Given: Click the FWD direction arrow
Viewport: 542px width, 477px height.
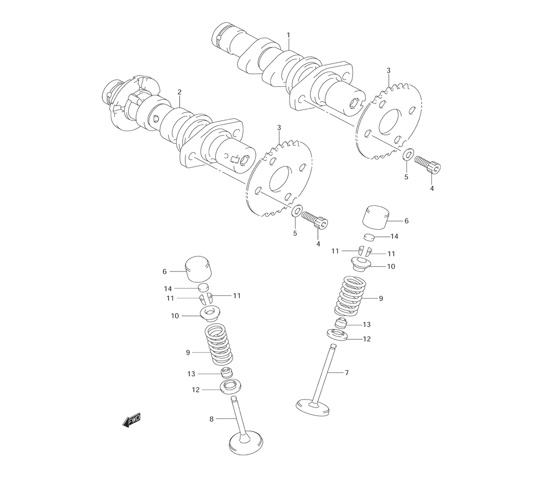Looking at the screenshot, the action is [x=132, y=421].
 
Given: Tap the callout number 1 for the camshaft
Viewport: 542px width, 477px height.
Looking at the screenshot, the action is [x=288, y=35].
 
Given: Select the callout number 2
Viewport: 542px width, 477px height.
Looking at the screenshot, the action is [x=179, y=92].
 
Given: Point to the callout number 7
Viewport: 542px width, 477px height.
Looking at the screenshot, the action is [x=347, y=372].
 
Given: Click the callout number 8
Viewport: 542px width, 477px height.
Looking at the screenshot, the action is [x=211, y=420].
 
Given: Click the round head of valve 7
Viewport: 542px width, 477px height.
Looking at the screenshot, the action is [x=313, y=407].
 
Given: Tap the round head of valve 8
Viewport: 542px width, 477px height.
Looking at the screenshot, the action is [x=246, y=442].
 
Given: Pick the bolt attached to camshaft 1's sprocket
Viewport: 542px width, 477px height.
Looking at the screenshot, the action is [x=428, y=164].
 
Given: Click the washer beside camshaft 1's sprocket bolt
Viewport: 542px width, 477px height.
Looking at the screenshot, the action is [x=408, y=153].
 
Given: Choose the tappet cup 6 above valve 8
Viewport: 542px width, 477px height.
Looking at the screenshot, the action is [x=199, y=269].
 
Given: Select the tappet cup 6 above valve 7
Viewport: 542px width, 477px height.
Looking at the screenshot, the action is [x=375, y=217].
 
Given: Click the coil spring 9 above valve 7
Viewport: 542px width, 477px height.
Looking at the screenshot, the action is [x=351, y=296].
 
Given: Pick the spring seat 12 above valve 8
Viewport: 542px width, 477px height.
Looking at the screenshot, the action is [x=231, y=386].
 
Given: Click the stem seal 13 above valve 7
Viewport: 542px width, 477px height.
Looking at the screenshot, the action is [x=340, y=323].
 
